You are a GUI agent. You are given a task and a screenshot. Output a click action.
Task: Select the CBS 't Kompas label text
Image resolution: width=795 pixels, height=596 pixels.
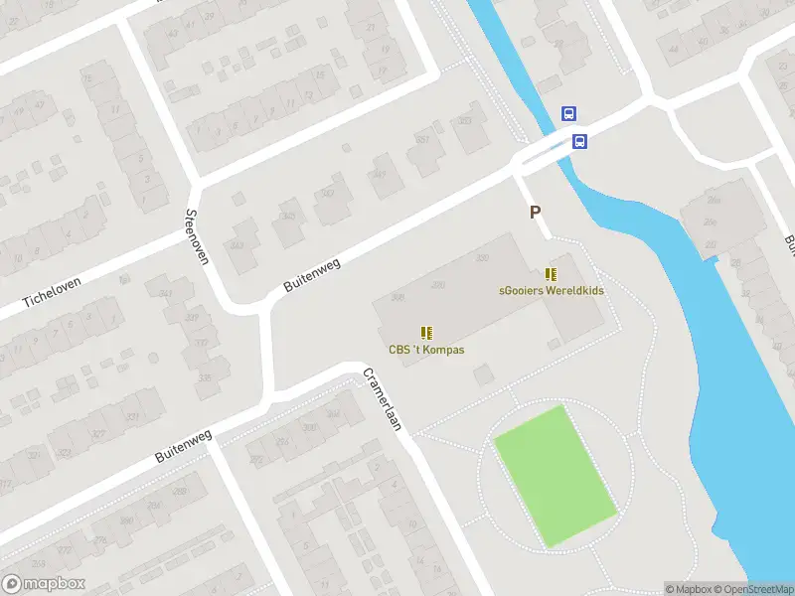click(426, 350)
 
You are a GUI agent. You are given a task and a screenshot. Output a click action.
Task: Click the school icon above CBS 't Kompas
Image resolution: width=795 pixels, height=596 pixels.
click(426, 333)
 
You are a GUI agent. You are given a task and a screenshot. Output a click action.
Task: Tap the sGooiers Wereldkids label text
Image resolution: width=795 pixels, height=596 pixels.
click(551, 291)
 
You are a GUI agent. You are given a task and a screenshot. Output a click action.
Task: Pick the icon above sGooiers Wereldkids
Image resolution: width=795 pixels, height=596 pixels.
click(551, 274)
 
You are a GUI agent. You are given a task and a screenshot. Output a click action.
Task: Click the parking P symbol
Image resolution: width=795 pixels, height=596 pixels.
click(535, 212)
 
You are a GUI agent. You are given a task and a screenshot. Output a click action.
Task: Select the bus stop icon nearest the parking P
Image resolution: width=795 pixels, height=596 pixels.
click(580, 141)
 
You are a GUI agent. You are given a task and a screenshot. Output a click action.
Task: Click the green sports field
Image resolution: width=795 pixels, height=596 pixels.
click(555, 475)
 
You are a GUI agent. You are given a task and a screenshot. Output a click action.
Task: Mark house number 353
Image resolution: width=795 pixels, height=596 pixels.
click(465, 121)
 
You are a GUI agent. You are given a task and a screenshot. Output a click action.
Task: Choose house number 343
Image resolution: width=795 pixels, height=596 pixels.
click(237, 244)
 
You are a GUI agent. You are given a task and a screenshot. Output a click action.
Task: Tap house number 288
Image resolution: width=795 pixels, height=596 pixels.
click(126, 521)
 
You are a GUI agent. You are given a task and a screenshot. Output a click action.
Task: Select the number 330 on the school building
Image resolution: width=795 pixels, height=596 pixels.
click(483, 258)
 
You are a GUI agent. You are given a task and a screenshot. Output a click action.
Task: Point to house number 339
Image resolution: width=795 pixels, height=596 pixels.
click(191, 318)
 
